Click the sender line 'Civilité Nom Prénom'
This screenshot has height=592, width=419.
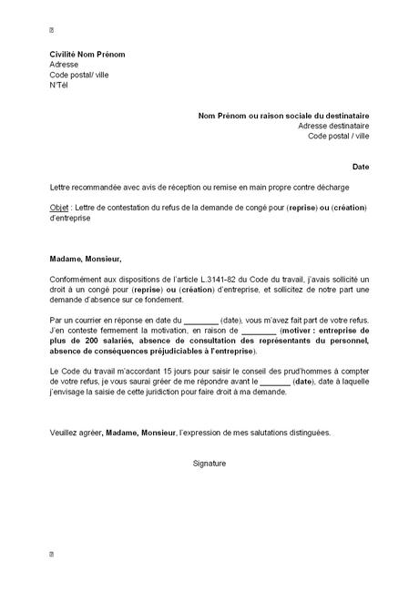tap(87, 55)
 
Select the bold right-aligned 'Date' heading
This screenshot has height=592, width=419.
tap(362, 168)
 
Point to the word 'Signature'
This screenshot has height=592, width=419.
tap(209, 464)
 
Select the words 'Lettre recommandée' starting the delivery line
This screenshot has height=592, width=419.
tap(84, 188)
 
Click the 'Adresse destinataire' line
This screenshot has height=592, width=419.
tap(333, 126)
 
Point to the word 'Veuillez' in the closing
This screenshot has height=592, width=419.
tap(65, 433)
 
